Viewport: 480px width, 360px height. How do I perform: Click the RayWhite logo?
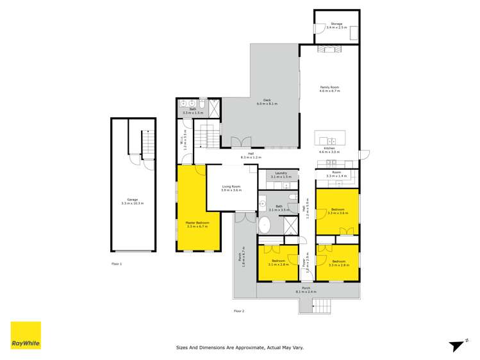(x=26, y=336)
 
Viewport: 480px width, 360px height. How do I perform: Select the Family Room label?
(x=329, y=89)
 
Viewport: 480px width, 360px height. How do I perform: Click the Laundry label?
(x=281, y=174)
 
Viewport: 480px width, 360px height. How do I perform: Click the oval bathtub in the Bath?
(x=265, y=224)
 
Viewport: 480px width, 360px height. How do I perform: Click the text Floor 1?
(x=116, y=264)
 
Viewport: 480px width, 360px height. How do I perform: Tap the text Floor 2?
(x=239, y=311)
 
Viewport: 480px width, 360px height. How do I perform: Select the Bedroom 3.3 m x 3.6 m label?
(x=337, y=211)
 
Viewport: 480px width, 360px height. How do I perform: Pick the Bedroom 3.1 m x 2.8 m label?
(x=277, y=263)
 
